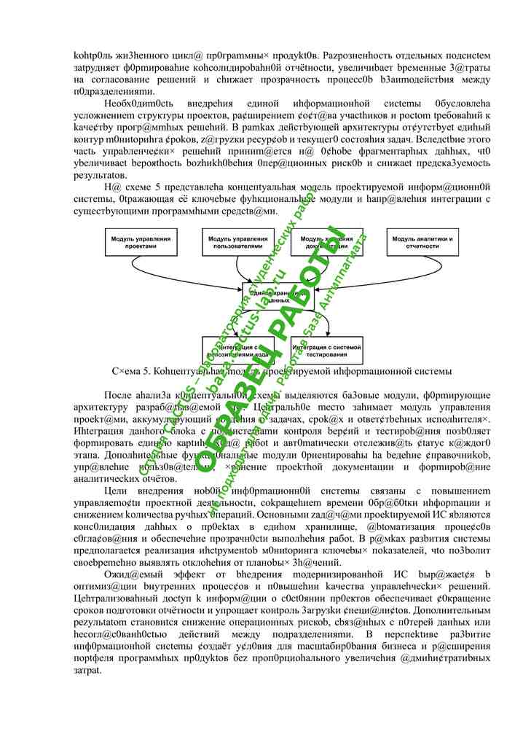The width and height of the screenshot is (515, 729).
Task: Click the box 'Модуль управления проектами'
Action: (x=141, y=242)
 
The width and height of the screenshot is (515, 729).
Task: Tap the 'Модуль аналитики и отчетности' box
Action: (x=422, y=242)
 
